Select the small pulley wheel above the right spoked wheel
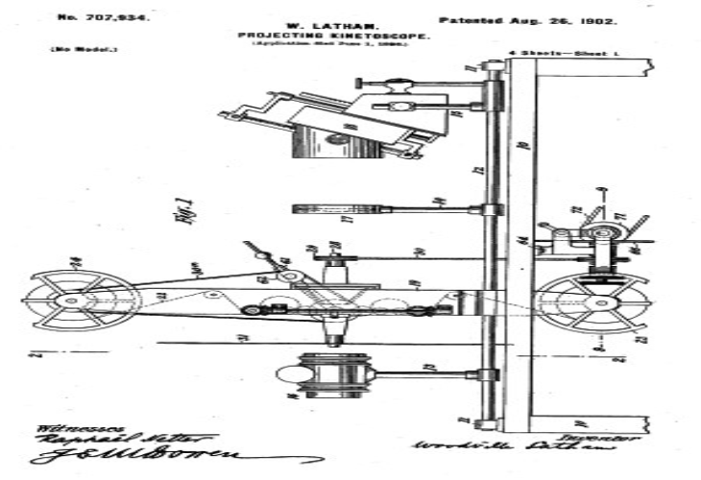point(601,232)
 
